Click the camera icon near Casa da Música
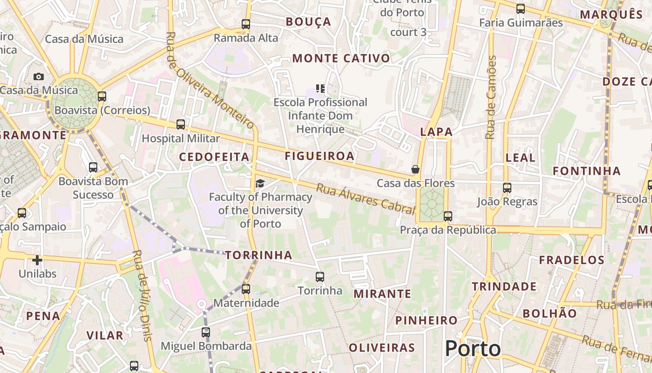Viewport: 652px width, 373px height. (x=39, y=76)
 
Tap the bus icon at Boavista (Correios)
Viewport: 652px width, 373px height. (x=102, y=97)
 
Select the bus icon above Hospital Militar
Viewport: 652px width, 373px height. (x=181, y=124)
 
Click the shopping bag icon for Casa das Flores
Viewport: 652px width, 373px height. (x=415, y=169)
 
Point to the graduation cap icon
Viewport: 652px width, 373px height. (x=260, y=183)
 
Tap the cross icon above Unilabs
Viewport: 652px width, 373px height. (x=37, y=260)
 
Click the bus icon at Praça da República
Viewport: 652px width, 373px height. (x=448, y=216)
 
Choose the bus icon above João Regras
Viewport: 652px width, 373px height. (x=507, y=188)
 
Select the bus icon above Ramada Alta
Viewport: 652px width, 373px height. (x=245, y=24)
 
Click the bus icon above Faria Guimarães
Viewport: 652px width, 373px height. (x=521, y=8)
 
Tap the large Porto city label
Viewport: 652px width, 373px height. (x=473, y=349)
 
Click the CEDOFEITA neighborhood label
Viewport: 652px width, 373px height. (x=214, y=157)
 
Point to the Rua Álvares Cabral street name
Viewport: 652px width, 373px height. (x=366, y=199)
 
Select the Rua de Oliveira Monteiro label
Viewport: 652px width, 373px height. (x=210, y=80)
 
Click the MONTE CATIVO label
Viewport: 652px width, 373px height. (x=341, y=58)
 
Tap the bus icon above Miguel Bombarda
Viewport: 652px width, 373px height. (x=206, y=332)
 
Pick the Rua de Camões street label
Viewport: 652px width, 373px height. (x=490, y=97)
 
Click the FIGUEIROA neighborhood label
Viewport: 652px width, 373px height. (x=319, y=156)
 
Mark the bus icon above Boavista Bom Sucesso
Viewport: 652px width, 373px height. (x=93, y=167)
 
